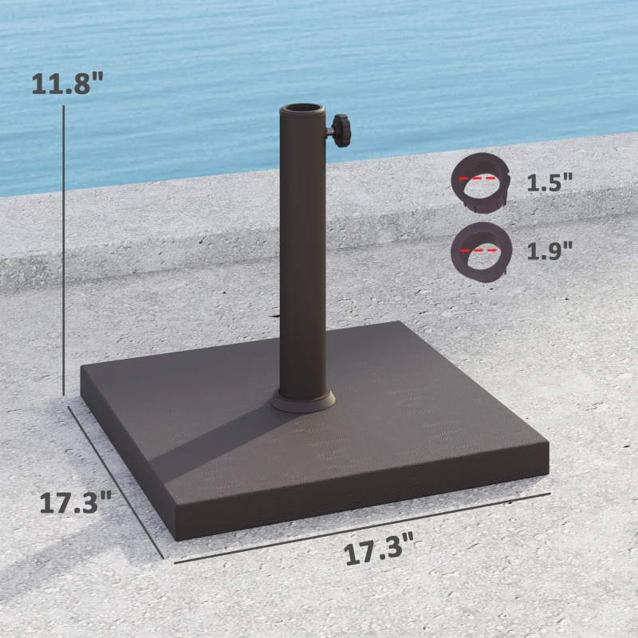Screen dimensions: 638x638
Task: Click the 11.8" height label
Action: pos(68,84)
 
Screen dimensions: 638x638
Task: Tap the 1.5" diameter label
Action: pos(549,182)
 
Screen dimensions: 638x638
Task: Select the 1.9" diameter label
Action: pos(549,251)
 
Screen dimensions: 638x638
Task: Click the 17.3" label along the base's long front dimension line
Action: pos(379,552)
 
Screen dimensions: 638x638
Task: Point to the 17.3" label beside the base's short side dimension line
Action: pos(75,502)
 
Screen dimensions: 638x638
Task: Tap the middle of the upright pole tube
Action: pos(302,255)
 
